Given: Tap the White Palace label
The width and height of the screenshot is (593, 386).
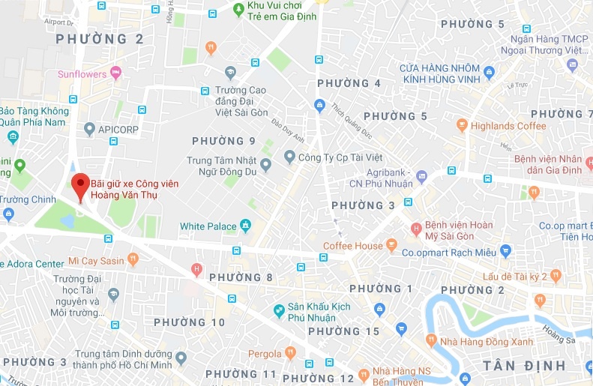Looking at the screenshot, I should click(x=208, y=226).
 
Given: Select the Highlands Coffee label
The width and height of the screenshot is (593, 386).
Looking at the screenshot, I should click(x=511, y=126).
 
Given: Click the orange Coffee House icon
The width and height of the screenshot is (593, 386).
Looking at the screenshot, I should click(x=391, y=246).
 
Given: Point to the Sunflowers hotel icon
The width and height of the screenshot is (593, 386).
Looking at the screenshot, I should click(x=115, y=73).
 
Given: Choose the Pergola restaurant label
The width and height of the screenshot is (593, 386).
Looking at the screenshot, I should click(x=265, y=354).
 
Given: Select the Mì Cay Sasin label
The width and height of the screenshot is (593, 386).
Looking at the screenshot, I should click(x=96, y=260).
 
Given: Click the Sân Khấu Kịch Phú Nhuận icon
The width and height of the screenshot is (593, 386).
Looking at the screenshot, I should click(x=279, y=309).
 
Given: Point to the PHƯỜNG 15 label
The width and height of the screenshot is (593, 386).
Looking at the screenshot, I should click(x=343, y=331).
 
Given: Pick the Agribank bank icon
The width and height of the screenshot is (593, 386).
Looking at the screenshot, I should click(x=422, y=178).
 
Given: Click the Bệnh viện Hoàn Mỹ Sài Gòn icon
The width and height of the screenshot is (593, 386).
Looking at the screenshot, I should click(x=415, y=229).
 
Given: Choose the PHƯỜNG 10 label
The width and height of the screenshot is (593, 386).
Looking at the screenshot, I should click(x=189, y=322).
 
